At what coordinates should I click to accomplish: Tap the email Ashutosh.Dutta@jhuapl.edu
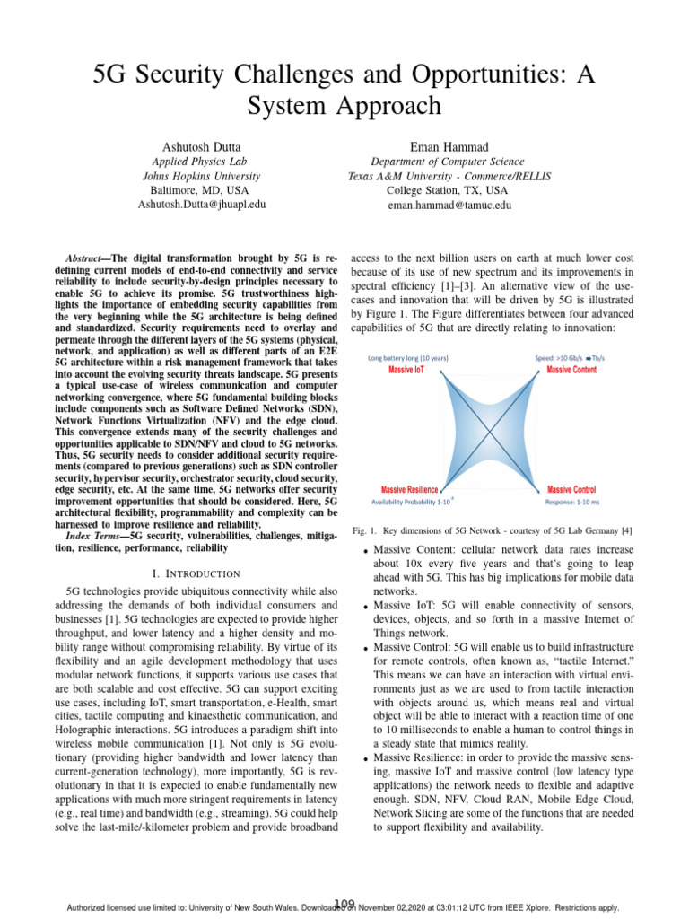[201, 205]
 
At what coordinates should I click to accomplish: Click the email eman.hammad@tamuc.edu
[449, 205]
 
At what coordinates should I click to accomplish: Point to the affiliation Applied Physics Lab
[201, 162]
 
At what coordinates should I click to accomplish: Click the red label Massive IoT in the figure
[406, 370]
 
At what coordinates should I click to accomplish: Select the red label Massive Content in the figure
[571, 370]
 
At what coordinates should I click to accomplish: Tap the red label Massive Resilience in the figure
[410, 489]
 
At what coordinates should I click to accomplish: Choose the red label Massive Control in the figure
[571, 489]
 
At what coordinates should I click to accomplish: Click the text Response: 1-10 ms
[571, 502]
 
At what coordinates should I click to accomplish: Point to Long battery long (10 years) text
[408, 358]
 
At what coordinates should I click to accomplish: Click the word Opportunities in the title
[474, 75]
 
